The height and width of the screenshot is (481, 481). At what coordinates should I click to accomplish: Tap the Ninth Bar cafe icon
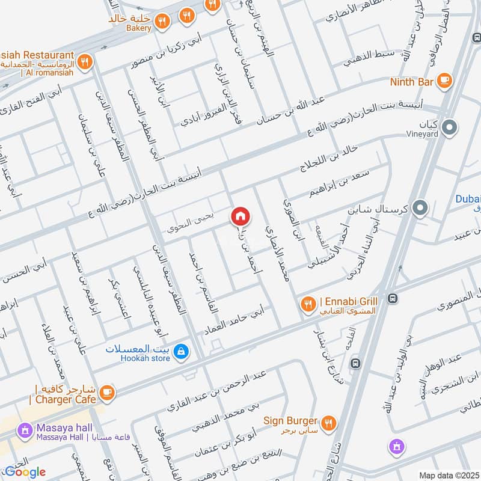(x=444, y=81)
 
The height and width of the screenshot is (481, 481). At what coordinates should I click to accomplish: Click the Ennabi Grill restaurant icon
(x=308, y=304)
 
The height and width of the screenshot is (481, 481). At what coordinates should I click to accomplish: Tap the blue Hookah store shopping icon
(x=182, y=352)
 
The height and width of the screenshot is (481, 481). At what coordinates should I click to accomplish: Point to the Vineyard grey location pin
(x=449, y=127)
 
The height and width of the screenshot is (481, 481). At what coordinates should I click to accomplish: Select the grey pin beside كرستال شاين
(x=421, y=209)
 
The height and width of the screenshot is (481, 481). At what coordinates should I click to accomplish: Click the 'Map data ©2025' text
(x=447, y=475)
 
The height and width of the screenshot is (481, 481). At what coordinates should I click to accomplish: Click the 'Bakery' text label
(x=138, y=28)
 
